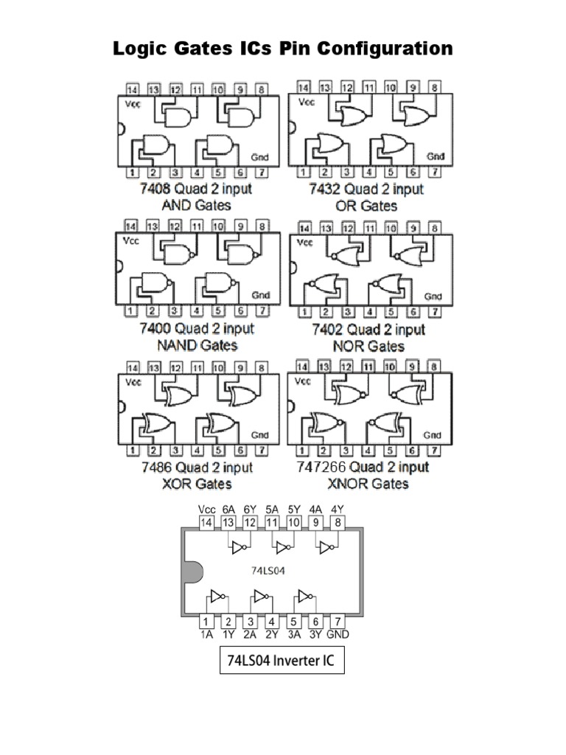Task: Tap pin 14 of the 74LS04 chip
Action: click(x=207, y=523)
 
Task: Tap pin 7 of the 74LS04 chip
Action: click(x=338, y=622)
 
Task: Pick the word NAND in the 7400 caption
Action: click(x=167, y=345)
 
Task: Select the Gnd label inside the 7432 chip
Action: click(x=436, y=156)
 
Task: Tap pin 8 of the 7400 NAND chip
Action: click(x=261, y=226)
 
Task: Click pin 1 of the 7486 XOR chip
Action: click(x=133, y=450)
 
